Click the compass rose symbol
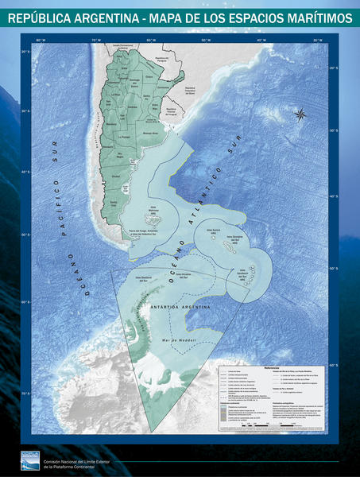pos(300,114)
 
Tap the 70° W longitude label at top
pos(95,39)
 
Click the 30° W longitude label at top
pos(316,39)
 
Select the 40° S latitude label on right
pos(335,172)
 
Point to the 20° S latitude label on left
pos(25,52)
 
